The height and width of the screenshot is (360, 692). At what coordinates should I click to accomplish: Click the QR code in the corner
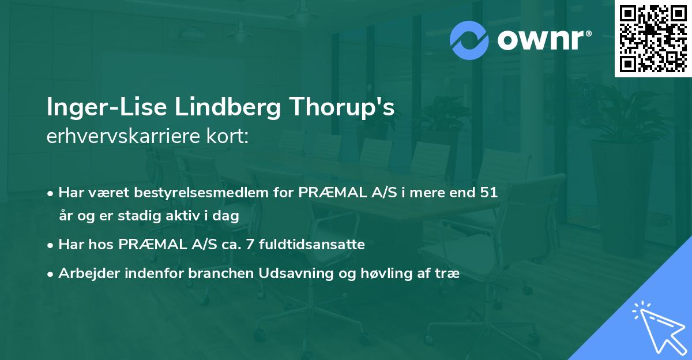[653, 38]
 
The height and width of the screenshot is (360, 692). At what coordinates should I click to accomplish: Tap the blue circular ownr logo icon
[469, 40]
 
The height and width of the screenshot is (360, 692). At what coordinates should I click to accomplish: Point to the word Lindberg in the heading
[204, 108]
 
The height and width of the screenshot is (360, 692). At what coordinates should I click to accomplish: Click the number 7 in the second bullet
[250, 245]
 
